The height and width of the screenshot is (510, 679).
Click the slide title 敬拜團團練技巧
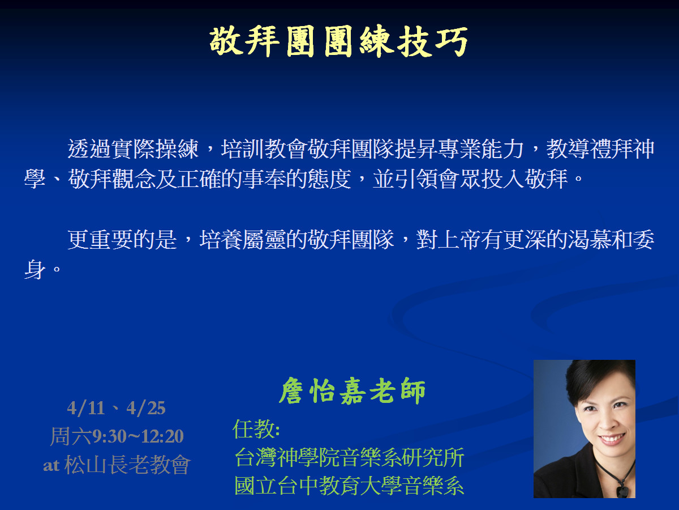pos(339,41)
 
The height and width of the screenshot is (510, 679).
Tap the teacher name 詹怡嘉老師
pos(353,391)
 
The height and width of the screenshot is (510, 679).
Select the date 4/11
pos(85,408)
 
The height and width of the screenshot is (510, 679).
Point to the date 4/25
pos(145,408)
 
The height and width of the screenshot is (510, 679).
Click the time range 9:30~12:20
pos(138,436)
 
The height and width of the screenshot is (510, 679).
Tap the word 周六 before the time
pos(71,436)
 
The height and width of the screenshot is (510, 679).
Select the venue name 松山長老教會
pos(127,465)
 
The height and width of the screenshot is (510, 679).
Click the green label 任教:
pos(256,429)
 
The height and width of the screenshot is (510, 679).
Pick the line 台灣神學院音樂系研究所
pos(350,457)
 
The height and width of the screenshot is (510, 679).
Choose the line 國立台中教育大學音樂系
pos(350,486)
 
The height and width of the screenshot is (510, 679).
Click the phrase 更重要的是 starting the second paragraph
pos(122,240)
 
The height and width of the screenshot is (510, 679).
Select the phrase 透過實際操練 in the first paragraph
pos(133,148)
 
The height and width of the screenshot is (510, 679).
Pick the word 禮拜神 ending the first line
pos(622,148)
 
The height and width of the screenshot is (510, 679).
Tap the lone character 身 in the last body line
pos(35,269)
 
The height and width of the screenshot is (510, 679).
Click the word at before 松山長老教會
pos(51,465)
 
